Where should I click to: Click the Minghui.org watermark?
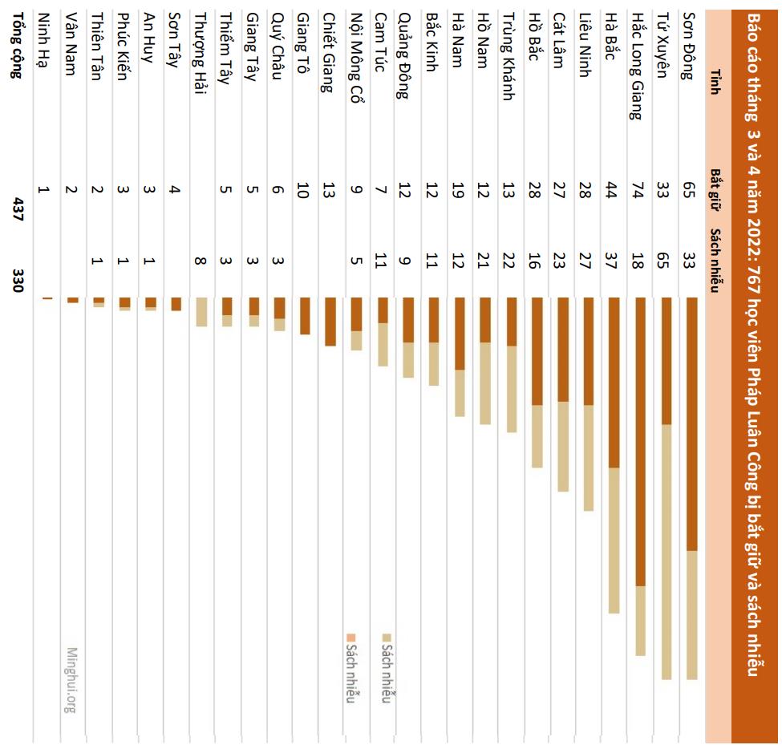(x=71, y=680)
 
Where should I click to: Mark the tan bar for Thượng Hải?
(x=201, y=312)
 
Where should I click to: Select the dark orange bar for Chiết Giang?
(x=330, y=322)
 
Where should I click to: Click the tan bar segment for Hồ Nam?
(x=485, y=383)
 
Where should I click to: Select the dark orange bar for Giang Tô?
(x=305, y=316)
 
